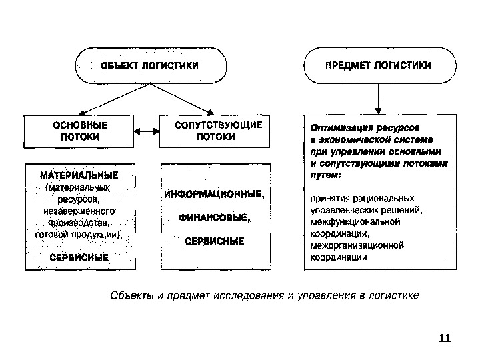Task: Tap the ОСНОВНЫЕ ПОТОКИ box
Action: [80, 131]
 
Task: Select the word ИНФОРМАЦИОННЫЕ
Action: [213, 195]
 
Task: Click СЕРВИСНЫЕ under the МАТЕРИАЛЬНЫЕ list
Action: [79, 256]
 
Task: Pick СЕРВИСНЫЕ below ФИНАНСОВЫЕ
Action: [213, 240]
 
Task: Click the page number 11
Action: [445, 338]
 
